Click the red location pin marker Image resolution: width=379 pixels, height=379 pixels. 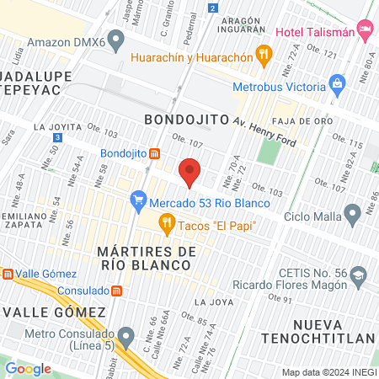(x=190, y=173)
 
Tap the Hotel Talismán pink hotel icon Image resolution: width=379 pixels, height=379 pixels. (x=366, y=31)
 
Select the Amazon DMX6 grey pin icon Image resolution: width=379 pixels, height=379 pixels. (x=117, y=40)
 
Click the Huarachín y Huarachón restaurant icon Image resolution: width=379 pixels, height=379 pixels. (x=264, y=57)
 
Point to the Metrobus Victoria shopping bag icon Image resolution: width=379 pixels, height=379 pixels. (x=337, y=83)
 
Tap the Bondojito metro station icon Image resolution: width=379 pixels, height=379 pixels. (x=155, y=153)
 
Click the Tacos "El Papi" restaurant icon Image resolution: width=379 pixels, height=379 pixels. (x=166, y=223)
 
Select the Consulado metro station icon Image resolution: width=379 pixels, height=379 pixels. (x=117, y=291)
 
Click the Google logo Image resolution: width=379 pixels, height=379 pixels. (x=29, y=368)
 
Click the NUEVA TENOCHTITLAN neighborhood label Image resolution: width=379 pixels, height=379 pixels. (x=333, y=331)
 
